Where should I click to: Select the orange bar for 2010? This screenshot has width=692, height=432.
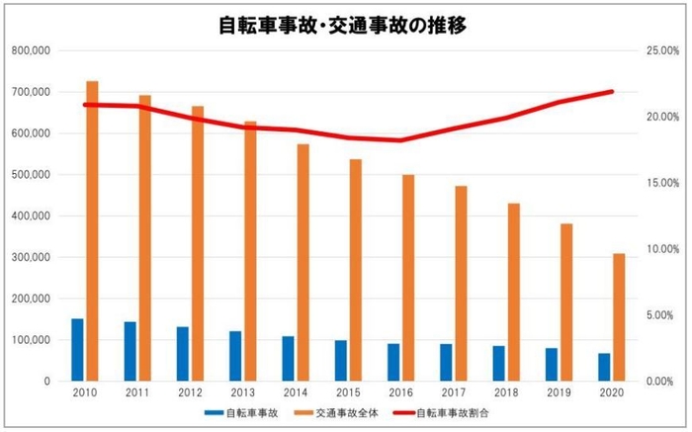(92, 230)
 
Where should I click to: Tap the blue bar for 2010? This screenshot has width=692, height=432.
(77, 349)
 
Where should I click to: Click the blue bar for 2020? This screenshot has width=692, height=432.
(604, 367)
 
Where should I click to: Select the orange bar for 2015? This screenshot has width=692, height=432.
(355, 269)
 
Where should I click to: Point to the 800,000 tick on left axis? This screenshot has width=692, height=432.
(33, 50)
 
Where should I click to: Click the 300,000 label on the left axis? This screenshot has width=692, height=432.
(33, 257)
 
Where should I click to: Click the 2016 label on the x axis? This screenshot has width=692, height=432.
(400, 392)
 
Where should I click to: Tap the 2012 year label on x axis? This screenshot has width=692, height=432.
(190, 392)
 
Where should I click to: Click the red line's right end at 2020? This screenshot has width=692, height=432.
(613, 92)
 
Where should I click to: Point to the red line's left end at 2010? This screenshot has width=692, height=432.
(85, 104)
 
